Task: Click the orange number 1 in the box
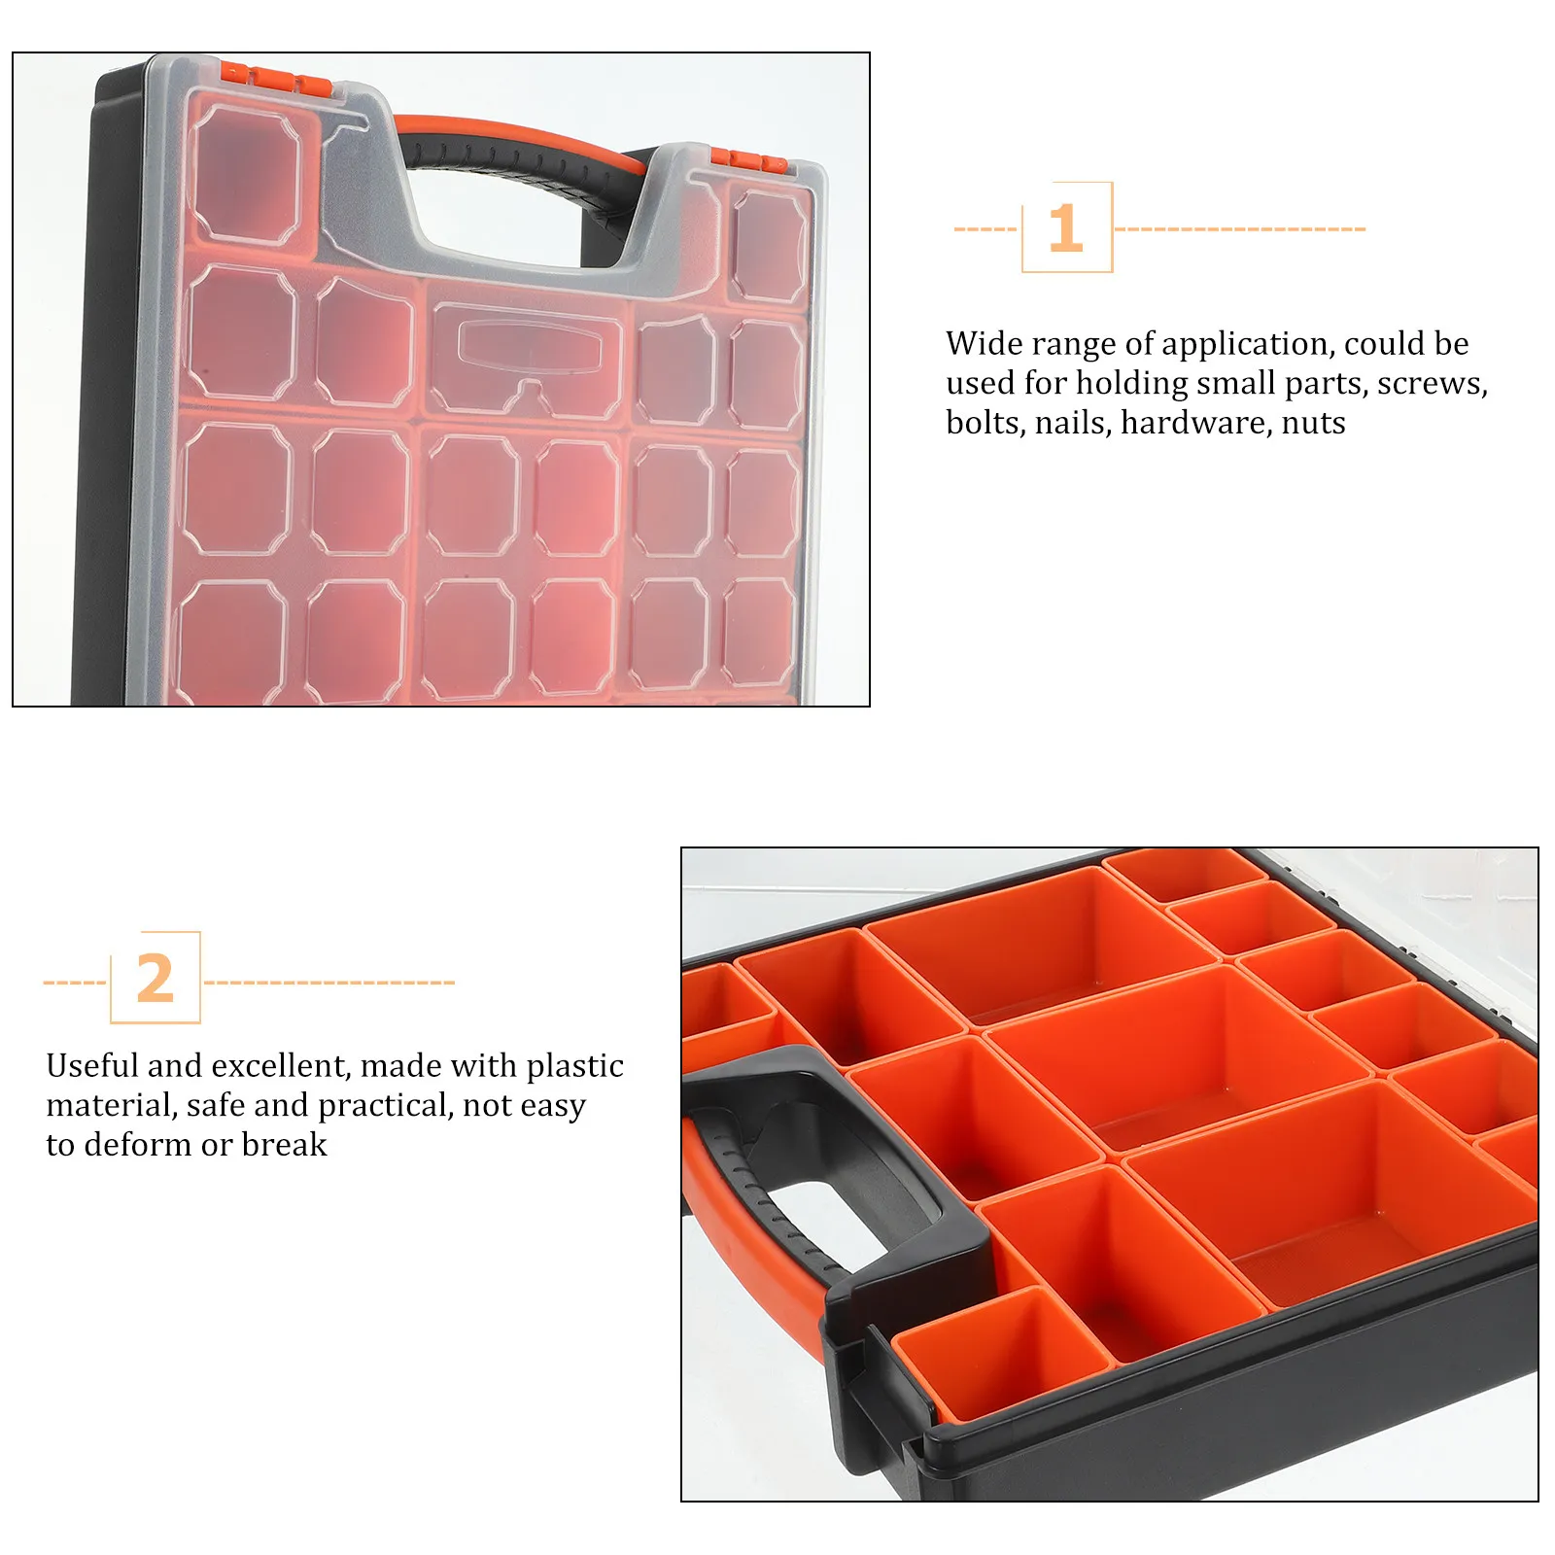1066,227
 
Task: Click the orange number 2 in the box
155,979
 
